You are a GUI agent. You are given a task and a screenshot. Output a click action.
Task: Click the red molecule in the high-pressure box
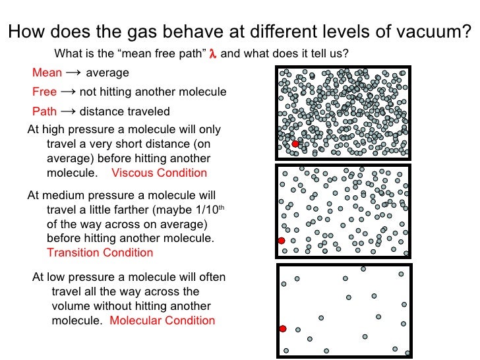295,144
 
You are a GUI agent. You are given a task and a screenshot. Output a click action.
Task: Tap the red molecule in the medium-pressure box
282,241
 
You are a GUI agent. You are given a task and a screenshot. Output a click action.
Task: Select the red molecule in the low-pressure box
283,328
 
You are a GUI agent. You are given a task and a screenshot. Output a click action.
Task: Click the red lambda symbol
212,54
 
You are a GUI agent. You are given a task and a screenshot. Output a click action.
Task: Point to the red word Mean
47,73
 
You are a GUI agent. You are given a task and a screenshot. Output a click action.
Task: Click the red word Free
45,92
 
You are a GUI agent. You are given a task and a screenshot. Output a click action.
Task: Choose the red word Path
45,111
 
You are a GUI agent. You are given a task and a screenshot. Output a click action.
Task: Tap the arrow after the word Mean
74,73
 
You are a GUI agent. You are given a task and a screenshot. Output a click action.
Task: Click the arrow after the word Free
68,92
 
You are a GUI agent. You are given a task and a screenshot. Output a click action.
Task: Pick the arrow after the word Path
68,111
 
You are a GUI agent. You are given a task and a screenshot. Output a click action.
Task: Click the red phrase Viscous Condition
159,173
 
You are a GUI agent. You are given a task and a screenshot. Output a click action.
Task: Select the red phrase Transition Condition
100,253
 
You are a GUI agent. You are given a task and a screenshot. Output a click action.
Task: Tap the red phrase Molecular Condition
162,321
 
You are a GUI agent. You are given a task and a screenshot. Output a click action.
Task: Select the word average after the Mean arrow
107,73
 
